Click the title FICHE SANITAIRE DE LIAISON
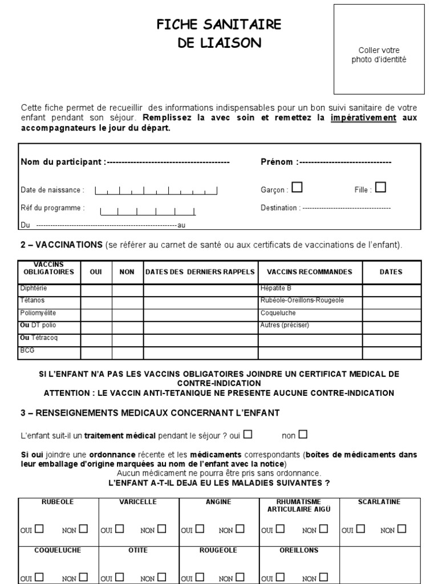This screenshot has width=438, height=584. tap(220, 33)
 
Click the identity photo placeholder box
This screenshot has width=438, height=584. tap(379, 49)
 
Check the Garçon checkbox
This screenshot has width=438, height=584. tap(297, 187)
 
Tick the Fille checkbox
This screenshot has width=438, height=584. tap(380, 187)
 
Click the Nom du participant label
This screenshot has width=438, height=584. tap(63, 162)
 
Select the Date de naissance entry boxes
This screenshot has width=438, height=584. tap(156, 190)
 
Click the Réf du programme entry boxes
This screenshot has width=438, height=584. tap(148, 210)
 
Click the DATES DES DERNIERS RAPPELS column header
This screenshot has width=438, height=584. tap(200, 272)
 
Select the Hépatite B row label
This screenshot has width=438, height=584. tap(275, 288)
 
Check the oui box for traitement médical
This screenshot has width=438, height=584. tap(248, 435)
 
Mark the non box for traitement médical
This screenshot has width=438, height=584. tap(302, 435)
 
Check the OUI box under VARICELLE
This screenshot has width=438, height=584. tap(120, 529)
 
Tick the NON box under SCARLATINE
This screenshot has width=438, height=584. tap(401, 529)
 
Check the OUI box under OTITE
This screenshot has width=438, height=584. tap(120, 577)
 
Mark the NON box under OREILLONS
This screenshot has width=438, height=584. tap(323, 577)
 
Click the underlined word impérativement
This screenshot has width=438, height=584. tap(363, 118)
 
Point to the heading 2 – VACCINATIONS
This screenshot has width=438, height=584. tap(61, 245)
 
